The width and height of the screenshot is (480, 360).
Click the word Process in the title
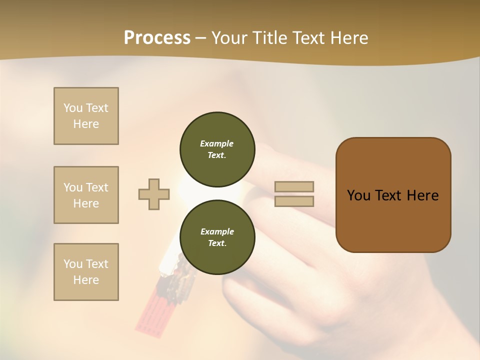click(157, 38)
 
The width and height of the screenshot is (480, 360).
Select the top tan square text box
click(86, 116)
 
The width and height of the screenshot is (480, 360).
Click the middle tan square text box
click(86, 195)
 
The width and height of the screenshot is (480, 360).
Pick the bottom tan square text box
click(86, 272)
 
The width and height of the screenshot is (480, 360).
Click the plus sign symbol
click(154, 194)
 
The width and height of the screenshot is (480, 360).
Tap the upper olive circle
click(217, 149)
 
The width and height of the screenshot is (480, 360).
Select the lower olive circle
click(217, 237)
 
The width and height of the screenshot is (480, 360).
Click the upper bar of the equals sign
click(294, 186)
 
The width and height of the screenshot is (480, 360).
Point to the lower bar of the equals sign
click(294, 201)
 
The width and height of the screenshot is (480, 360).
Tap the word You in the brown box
click(358, 195)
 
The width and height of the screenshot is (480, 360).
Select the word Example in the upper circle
click(216, 143)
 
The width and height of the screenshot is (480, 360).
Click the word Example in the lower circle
click(216, 231)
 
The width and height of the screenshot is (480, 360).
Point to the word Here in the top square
click(86, 124)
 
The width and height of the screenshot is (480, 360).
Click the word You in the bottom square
click(73, 264)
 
